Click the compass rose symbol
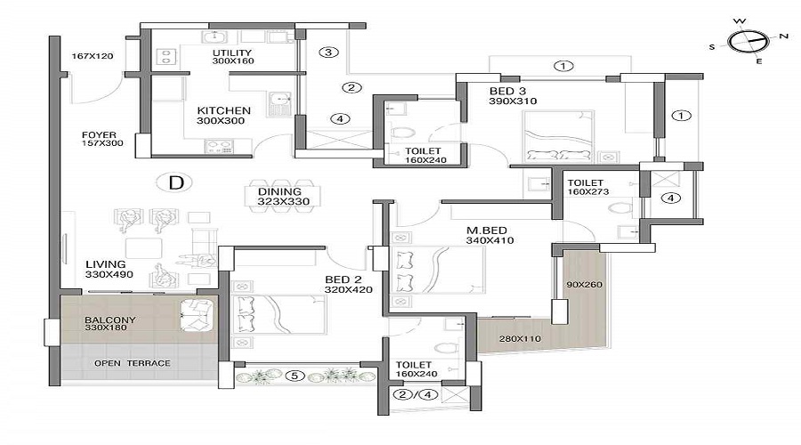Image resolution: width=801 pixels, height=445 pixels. pyautogui.click(x=748, y=41)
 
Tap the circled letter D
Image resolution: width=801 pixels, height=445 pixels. pyautogui.click(x=176, y=183)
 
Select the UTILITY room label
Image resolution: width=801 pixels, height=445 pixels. pyautogui.click(x=233, y=57)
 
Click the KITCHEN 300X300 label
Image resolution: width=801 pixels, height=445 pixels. pyautogui.click(x=223, y=116)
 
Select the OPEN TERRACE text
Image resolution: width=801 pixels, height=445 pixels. pyautogui.click(x=133, y=363)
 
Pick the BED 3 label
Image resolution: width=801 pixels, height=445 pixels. pyautogui.click(x=513, y=96)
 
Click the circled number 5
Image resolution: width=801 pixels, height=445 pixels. pyautogui.click(x=297, y=376)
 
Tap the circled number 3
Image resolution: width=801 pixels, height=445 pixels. pyautogui.click(x=328, y=53)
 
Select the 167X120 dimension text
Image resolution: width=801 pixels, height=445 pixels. pyautogui.click(x=93, y=56)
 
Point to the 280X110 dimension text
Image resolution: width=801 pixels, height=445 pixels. pyautogui.click(x=522, y=339)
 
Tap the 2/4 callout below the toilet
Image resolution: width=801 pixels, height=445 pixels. pyautogui.click(x=409, y=394)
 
